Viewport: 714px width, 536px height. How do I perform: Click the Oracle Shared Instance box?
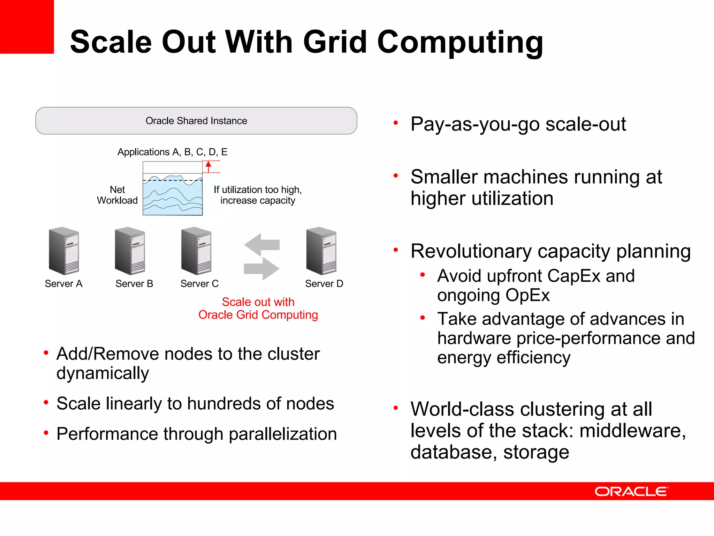point(196,121)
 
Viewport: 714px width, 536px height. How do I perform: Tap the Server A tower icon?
point(64,251)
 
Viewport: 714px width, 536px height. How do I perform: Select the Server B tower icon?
point(130,251)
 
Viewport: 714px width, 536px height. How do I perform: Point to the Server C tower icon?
point(196,251)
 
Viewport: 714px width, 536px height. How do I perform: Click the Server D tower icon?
point(321,251)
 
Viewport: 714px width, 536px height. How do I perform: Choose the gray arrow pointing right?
point(261,268)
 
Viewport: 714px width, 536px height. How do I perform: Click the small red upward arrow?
point(208,166)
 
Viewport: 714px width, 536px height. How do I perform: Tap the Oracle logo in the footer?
point(631,491)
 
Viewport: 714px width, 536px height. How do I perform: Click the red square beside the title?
point(27,27)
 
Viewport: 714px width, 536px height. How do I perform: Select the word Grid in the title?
point(335,42)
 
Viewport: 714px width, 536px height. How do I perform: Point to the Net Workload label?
point(117,195)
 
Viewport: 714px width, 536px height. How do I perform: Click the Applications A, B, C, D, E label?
point(172,152)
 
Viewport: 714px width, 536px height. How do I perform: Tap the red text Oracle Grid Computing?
point(258,315)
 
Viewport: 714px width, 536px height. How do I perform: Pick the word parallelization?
point(283,434)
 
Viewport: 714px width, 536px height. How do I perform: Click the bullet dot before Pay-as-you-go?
point(396,123)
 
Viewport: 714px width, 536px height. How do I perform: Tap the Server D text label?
point(324,284)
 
